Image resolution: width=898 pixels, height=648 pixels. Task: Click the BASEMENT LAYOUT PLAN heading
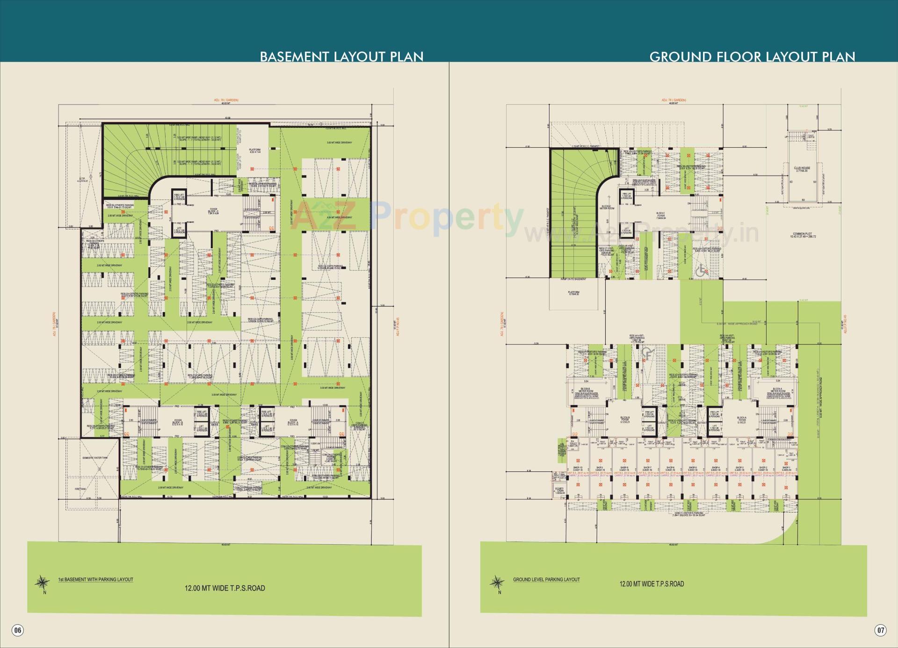click(341, 57)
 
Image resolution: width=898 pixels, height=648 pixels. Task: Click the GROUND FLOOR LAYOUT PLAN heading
click(752, 57)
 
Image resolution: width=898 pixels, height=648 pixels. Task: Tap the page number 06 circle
click(17, 630)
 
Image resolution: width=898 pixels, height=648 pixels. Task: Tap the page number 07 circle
click(880, 630)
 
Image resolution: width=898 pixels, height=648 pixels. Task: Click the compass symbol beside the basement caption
click(43, 582)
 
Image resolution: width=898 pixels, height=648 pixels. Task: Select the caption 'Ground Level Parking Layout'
click(546, 579)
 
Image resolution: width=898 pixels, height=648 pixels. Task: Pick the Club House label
click(802, 169)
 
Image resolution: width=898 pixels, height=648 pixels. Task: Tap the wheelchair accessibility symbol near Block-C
click(702, 270)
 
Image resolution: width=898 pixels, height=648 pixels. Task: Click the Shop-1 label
click(786, 468)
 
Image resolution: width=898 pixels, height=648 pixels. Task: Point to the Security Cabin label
click(559, 491)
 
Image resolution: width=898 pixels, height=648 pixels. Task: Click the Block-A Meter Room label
click(778, 390)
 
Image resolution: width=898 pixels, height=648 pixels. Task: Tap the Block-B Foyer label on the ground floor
click(625, 419)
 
